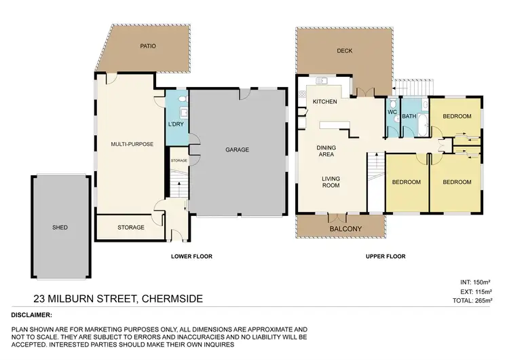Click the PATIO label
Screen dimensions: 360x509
[x=149, y=47]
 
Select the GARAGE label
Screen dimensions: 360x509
[x=237, y=149]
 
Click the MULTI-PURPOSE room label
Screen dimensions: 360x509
[x=132, y=144]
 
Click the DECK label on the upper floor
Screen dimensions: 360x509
[x=344, y=50]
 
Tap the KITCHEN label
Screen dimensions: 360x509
[x=324, y=101]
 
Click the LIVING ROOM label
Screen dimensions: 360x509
[x=330, y=183]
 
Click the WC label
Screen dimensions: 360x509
[x=392, y=112]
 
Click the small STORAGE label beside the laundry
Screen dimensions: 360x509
[x=178, y=160]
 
